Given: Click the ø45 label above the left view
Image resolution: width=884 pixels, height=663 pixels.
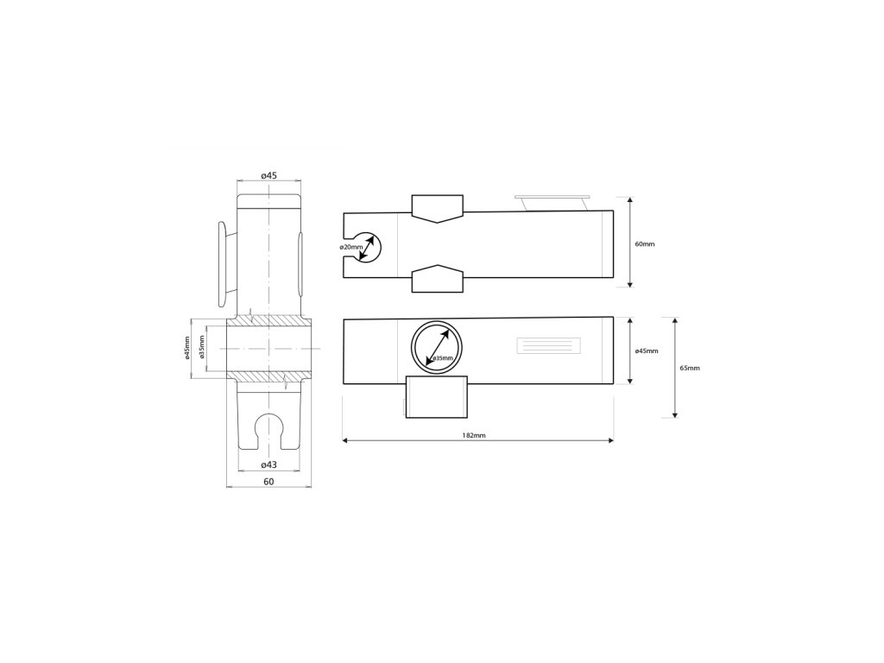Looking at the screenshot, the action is click(269, 175).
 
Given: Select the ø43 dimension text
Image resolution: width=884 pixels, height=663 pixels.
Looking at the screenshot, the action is click(269, 464).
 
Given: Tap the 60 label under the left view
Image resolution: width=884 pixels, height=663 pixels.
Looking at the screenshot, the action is click(269, 482).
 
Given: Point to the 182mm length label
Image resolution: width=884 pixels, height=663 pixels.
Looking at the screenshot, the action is click(474, 435).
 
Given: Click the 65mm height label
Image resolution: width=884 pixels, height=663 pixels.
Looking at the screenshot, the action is click(690, 368).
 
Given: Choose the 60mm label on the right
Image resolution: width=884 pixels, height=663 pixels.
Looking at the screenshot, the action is click(645, 244).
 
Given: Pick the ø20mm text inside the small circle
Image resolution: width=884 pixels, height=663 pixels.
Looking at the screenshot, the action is click(351, 247).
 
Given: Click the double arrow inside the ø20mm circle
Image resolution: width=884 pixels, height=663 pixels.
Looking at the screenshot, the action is click(366, 248).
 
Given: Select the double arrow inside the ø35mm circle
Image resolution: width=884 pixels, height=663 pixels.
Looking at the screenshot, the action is click(439, 346).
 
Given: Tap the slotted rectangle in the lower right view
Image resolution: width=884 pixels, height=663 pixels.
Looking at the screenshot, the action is click(548, 345).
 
